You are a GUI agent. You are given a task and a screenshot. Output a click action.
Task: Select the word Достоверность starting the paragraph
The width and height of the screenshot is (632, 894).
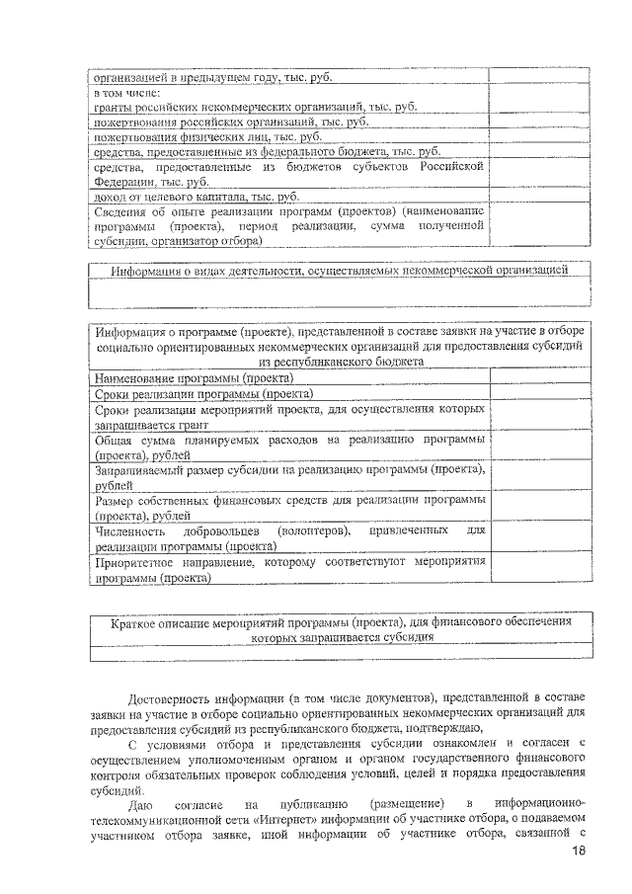coord(176,697)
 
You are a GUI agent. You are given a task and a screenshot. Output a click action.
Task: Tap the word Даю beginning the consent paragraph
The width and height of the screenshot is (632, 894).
coord(143,803)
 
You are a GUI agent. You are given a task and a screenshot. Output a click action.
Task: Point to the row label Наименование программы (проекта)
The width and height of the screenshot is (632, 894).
coord(194,376)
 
